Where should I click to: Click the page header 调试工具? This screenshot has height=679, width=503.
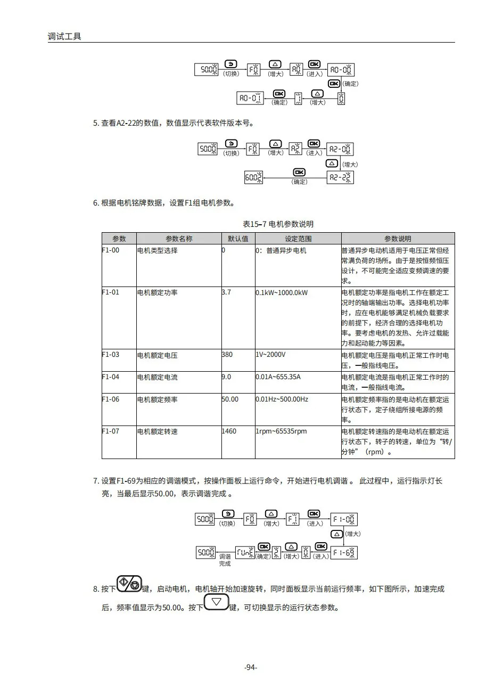[x=64, y=37]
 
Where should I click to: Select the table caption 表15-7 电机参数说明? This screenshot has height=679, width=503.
[x=278, y=224]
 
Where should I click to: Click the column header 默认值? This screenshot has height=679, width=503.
[x=238, y=239]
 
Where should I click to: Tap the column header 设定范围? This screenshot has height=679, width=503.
[x=298, y=239]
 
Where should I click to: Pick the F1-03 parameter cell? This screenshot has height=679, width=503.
[x=111, y=355]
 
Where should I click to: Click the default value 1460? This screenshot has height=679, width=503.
[x=229, y=431]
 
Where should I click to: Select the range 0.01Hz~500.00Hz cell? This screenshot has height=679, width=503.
[x=282, y=399]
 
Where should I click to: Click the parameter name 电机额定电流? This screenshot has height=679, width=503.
[x=157, y=377]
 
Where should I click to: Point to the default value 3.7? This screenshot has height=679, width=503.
[x=226, y=292]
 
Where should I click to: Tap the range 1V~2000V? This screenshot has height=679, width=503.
[x=270, y=355]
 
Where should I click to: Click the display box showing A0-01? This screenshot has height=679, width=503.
[x=250, y=98]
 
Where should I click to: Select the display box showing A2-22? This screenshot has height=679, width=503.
[x=340, y=177]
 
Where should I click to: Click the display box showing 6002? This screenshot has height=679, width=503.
[x=253, y=178]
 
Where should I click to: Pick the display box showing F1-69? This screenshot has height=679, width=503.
[x=343, y=552]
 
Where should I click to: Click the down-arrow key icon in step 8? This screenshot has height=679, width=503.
[x=216, y=603]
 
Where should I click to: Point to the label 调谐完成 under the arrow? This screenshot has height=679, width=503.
[x=225, y=560]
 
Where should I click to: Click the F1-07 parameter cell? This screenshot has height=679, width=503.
[x=111, y=431]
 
